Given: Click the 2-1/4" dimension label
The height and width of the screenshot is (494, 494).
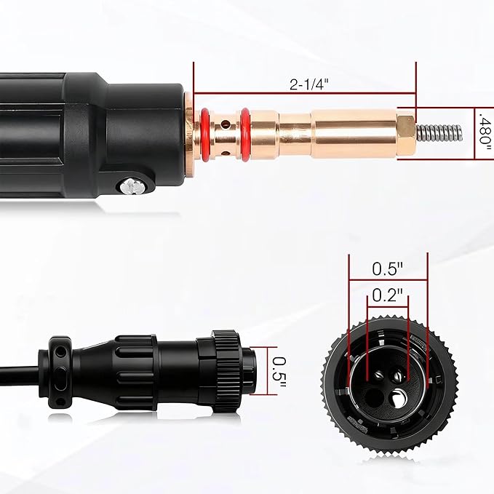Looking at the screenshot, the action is click(308, 84).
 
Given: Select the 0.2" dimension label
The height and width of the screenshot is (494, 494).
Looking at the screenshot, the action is click(387, 295).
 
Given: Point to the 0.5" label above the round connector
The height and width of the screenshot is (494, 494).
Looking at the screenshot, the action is click(387, 268).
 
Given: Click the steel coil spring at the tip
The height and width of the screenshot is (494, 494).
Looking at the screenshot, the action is click(439, 132).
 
